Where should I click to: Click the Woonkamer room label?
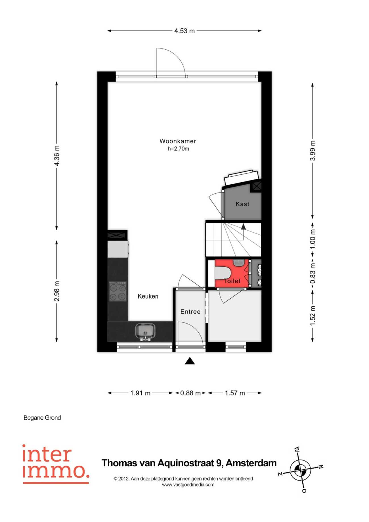(x=178, y=141)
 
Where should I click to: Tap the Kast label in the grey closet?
(x=242, y=204)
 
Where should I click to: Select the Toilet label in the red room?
(x=232, y=281)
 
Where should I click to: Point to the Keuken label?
(x=148, y=296)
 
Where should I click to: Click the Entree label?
(x=190, y=312)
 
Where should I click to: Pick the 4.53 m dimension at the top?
(x=184, y=31)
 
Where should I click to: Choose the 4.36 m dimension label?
(x=57, y=156)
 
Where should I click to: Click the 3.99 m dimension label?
(x=313, y=151)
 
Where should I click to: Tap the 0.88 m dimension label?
(x=190, y=393)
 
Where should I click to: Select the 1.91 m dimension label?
(x=140, y=393)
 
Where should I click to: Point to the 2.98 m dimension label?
(x=57, y=291)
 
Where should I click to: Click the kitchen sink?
(x=145, y=331)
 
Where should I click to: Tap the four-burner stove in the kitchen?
(x=118, y=291)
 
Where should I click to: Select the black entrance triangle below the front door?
(x=190, y=361)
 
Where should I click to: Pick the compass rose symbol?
(x=301, y=470)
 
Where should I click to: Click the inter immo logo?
(x=56, y=464)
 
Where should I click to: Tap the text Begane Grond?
(x=42, y=418)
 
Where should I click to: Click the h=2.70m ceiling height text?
(x=178, y=149)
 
